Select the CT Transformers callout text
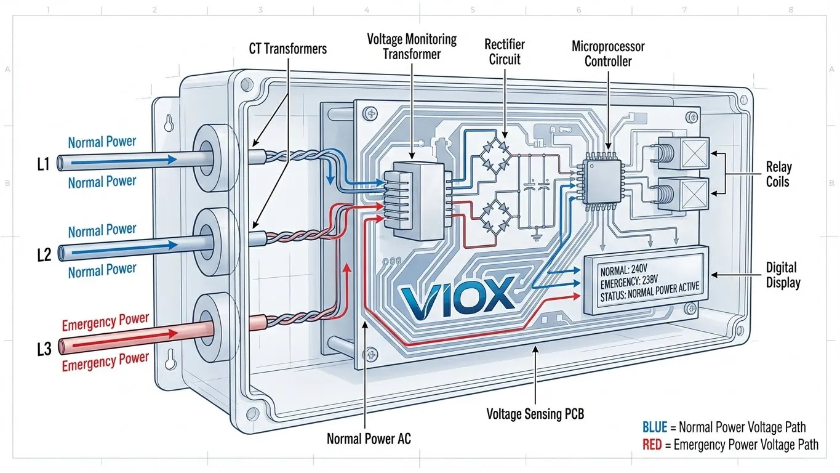287,49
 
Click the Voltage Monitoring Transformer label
412,47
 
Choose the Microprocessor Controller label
607,54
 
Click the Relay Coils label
778,174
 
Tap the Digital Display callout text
782,275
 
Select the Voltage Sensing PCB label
535,413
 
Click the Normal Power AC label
369,439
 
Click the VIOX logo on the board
455,294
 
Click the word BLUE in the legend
654,427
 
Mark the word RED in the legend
652,445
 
